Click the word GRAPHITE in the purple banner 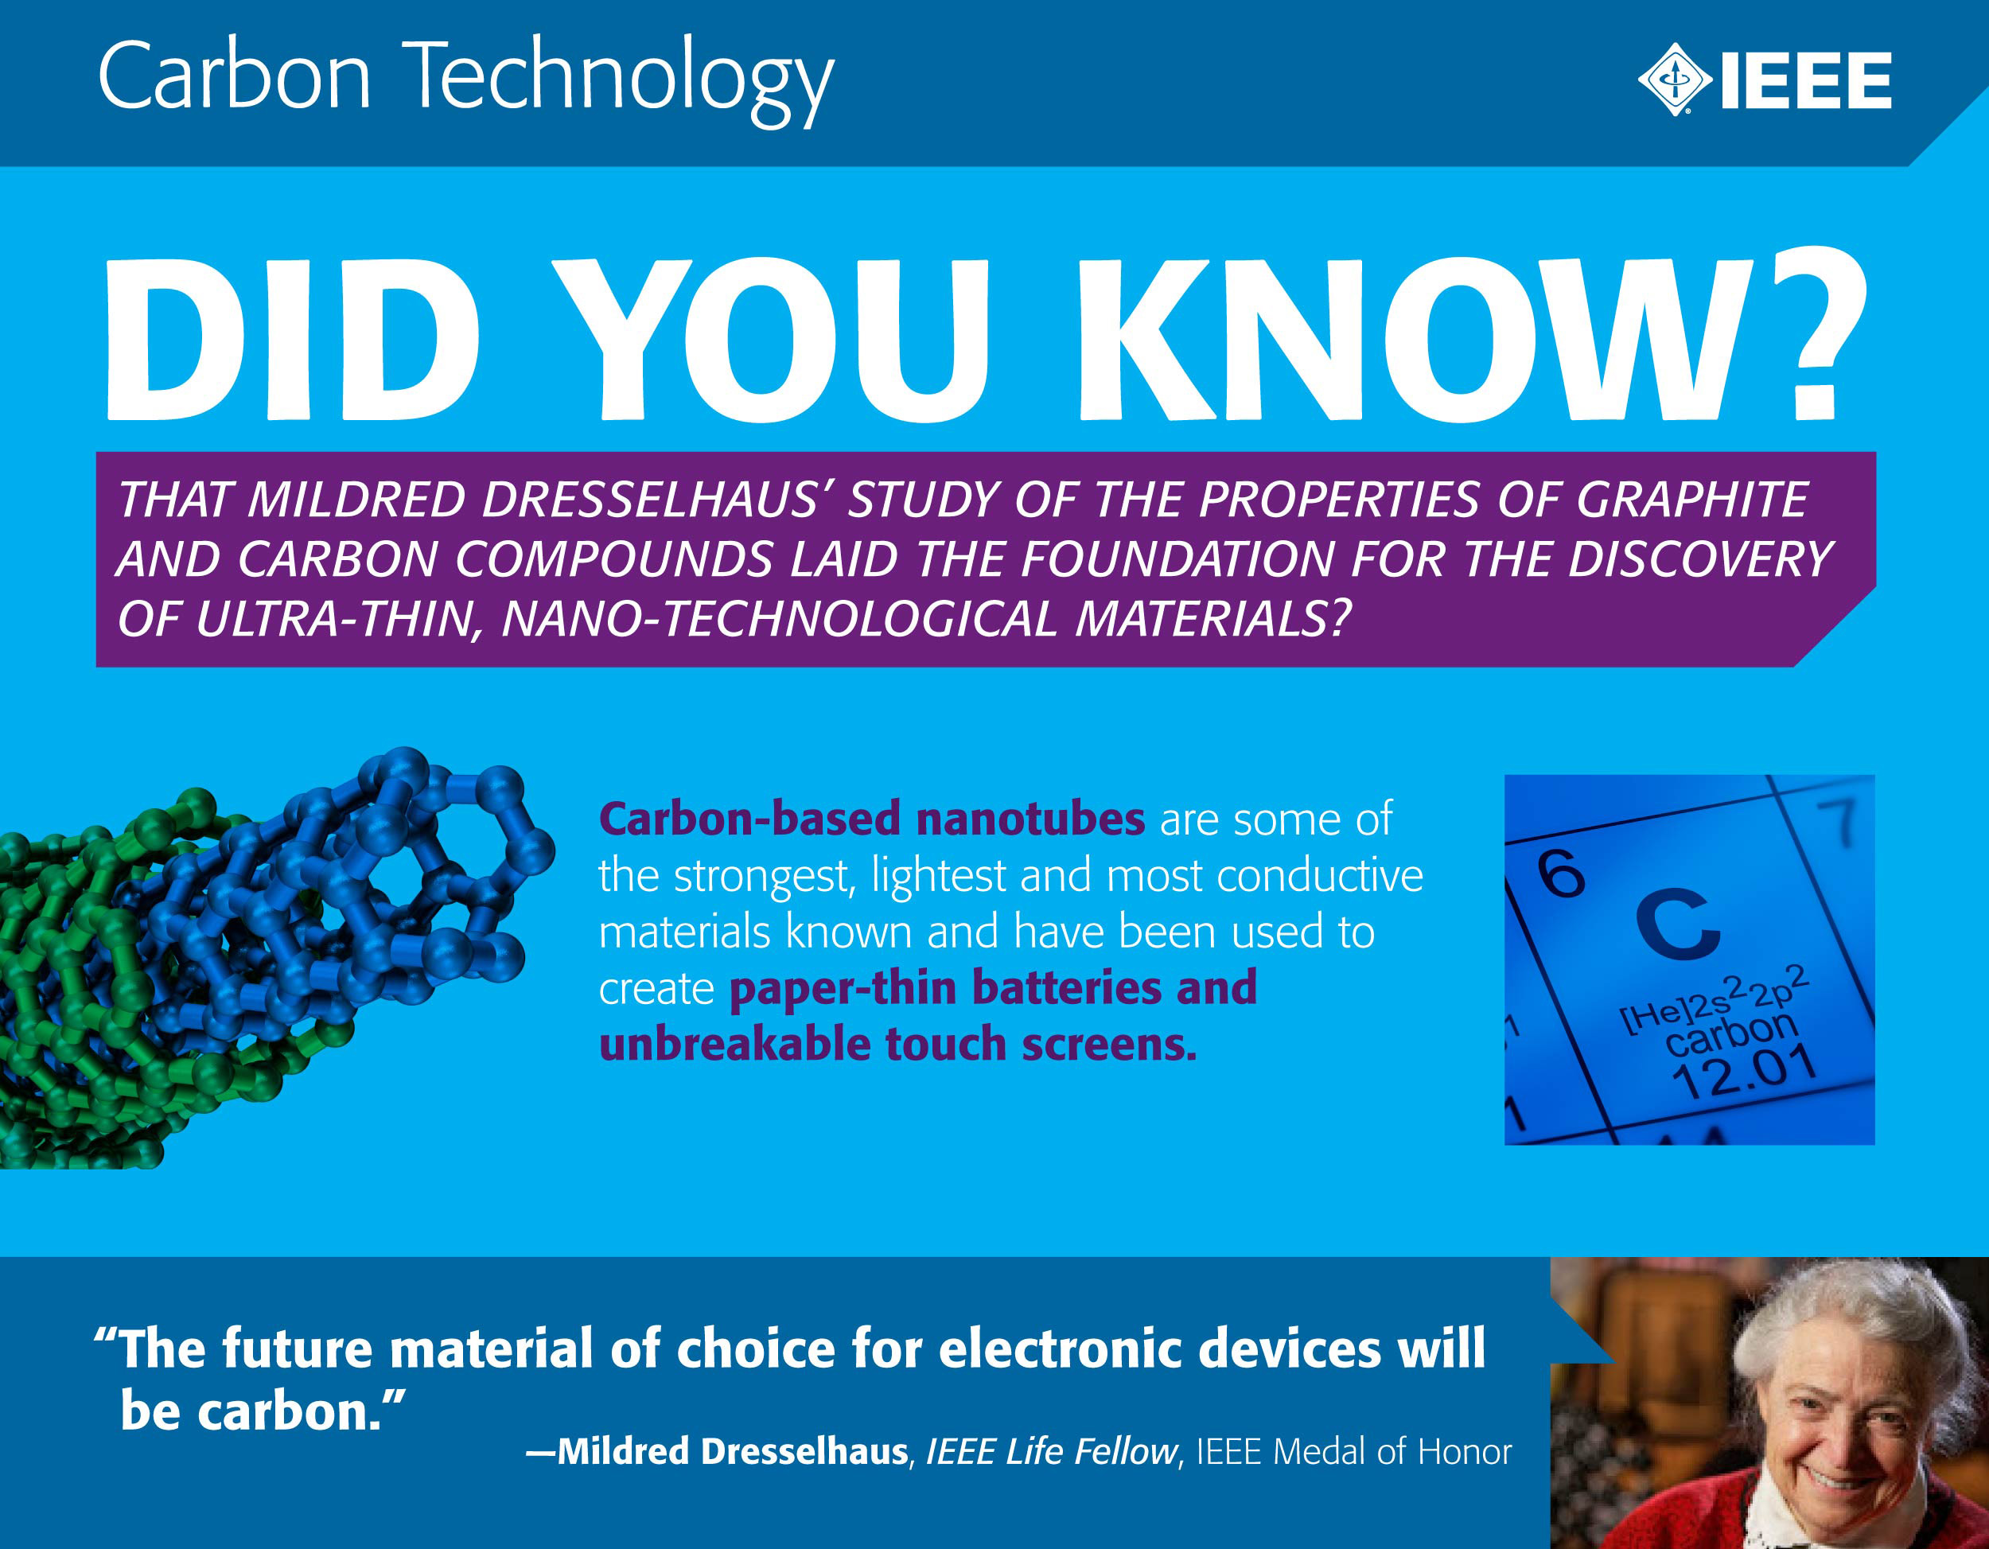pos(1692,499)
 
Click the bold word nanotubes pos(1030,818)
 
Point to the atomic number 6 pos(1562,874)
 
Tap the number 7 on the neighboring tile pos(1842,823)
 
